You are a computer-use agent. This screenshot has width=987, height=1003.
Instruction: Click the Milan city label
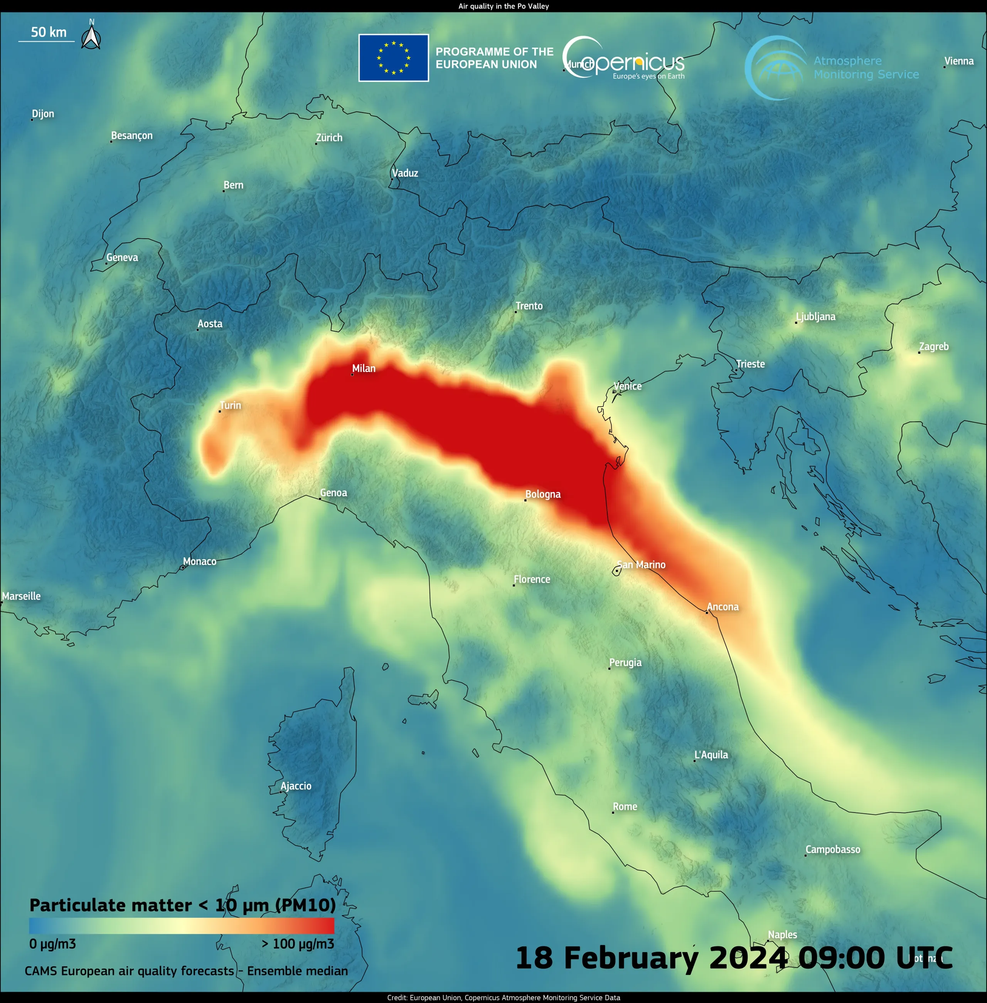(x=364, y=369)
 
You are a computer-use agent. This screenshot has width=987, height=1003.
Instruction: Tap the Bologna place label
(x=543, y=495)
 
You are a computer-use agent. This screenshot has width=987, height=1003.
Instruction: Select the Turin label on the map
(x=230, y=406)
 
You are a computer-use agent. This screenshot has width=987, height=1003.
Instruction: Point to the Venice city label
(x=627, y=386)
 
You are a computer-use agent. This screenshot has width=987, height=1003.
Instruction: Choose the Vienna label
(x=958, y=61)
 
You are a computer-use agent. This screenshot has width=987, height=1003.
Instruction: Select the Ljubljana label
(x=815, y=317)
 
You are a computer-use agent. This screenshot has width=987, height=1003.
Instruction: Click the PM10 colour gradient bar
(x=182, y=926)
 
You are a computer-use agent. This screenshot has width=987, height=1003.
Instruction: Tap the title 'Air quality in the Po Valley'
(x=504, y=6)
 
